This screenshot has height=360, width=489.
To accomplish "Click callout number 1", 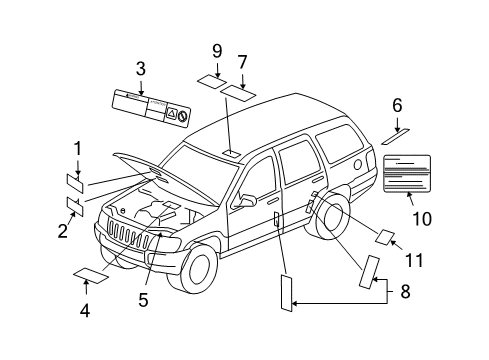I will pyautogui.click(x=76, y=150).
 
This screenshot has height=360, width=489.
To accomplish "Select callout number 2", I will pyautogui.click(x=62, y=232).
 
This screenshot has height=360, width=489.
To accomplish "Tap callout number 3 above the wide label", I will pyautogui.click(x=141, y=68).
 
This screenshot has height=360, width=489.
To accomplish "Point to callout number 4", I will pyautogui.click(x=85, y=310).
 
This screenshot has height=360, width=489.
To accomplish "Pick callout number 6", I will pyautogui.click(x=397, y=104).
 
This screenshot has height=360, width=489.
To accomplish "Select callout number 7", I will pyautogui.click(x=242, y=63).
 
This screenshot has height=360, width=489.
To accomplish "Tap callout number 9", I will pyautogui.click(x=216, y=50).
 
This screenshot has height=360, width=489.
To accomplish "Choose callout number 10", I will pyautogui.click(x=420, y=218).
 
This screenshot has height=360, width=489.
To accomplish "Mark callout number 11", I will pyautogui.click(x=414, y=260).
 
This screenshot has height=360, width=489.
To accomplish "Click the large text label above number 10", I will pyautogui.click(x=411, y=173).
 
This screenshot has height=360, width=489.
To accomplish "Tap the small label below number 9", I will pyautogui.click(x=211, y=78).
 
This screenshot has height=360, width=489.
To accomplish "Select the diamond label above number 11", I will pyautogui.click(x=384, y=237).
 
